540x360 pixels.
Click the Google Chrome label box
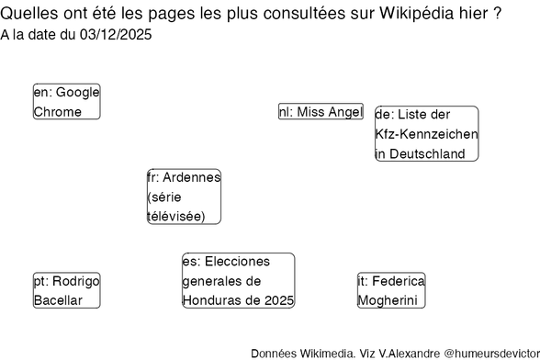tap(66, 102)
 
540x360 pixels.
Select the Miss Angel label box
tap(321, 112)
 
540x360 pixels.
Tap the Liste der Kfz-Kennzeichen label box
tap(426, 134)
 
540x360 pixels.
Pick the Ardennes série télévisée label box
tap(184, 197)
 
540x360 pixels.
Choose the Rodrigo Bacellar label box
tap(66, 290)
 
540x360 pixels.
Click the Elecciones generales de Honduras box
tap(238, 281)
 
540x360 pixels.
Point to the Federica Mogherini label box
tap(392, 290)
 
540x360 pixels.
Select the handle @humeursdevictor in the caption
tap(493, 353)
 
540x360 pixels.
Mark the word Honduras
tap(219, 300)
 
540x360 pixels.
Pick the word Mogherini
tap(388, 300)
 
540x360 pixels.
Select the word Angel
tap(346, 112)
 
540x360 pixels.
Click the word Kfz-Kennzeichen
tap(426, 134)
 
